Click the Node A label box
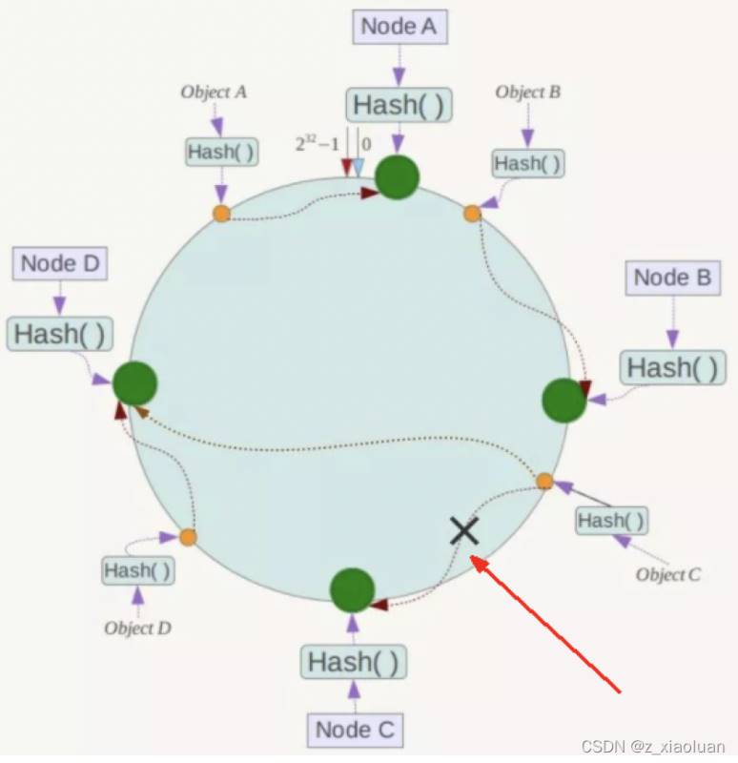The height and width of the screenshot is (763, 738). click(400, 27)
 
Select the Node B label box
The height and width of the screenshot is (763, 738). click(673, 278)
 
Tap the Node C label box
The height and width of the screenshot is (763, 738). click(355, 730)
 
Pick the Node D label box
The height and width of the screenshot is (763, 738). click(60, 264)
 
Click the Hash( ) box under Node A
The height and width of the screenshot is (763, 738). click(399, 105)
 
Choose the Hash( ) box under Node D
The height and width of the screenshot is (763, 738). click(60, 334)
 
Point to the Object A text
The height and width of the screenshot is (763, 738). click(214, 92)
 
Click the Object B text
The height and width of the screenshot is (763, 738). click(528, 92)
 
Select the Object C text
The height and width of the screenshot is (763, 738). click(668, 575)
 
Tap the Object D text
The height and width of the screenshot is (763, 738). click(137, 629)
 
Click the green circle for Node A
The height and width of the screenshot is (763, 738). click(397, 177)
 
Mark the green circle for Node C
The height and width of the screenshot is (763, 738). click(352, 590)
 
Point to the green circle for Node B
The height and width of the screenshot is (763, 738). click(564, 400)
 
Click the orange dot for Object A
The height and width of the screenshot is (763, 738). click(221, 214)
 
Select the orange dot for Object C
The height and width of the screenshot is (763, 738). click(544, 482)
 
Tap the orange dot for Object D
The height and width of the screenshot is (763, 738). click(188, 538)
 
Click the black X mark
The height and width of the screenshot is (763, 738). click(464, 531)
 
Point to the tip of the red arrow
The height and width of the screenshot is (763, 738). click(472, 556)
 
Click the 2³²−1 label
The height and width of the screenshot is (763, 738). click(317, 144)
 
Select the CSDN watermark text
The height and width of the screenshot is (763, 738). click(653, 746)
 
